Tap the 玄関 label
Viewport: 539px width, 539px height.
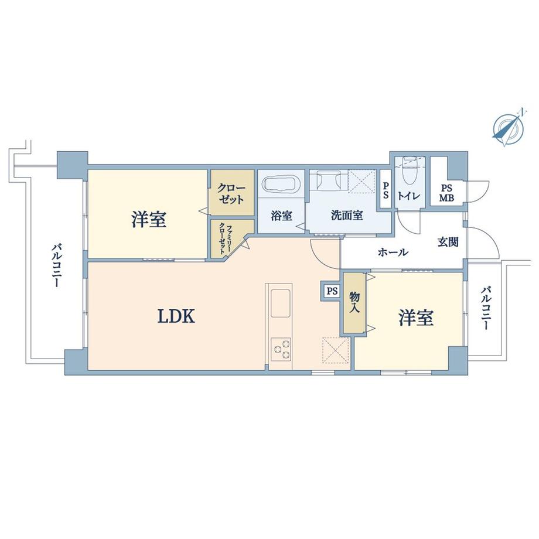448,241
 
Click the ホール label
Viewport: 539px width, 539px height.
393,253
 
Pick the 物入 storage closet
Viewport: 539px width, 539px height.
354,302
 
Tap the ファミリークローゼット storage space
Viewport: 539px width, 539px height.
227,238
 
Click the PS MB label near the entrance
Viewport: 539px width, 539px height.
446,192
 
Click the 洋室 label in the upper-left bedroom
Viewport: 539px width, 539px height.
149,220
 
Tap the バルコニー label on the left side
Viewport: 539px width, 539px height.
56,265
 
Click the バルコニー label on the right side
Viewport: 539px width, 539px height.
485,308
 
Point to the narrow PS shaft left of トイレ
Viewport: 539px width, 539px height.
386,192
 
